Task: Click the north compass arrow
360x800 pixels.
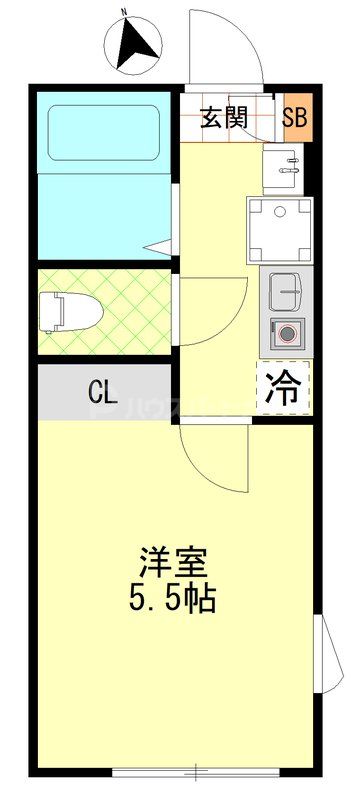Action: (137, 42)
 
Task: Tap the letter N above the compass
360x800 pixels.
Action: (124, 12)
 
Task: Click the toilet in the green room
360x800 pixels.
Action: (61, 310)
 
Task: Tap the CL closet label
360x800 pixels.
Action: (100, 391)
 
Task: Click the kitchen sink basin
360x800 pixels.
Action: (286, 291)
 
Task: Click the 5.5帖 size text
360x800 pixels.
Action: (174, 599)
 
